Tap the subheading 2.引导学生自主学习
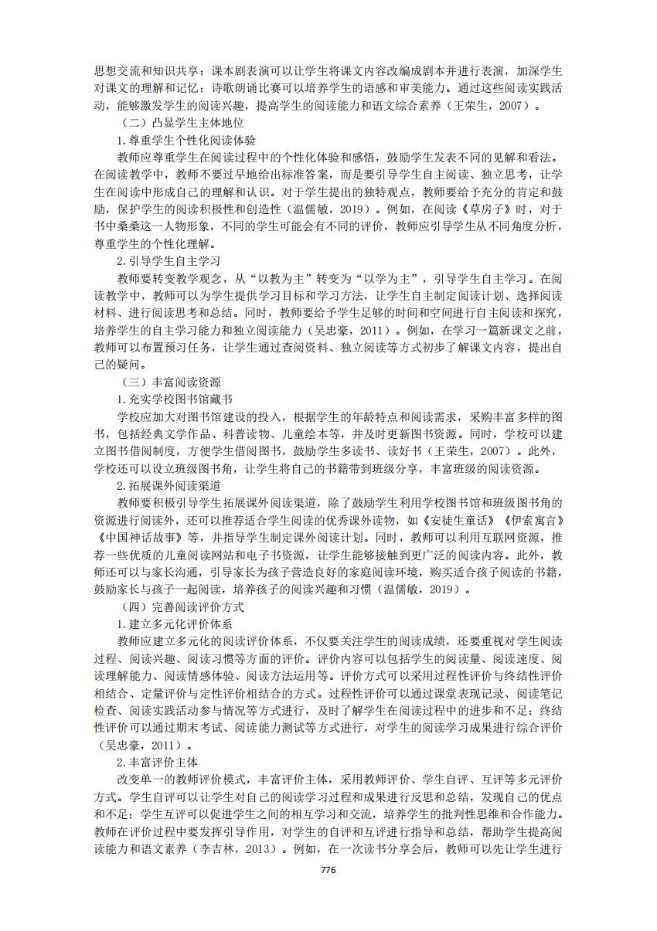click(169, 261)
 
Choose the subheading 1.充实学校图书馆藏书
click(173, 399)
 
